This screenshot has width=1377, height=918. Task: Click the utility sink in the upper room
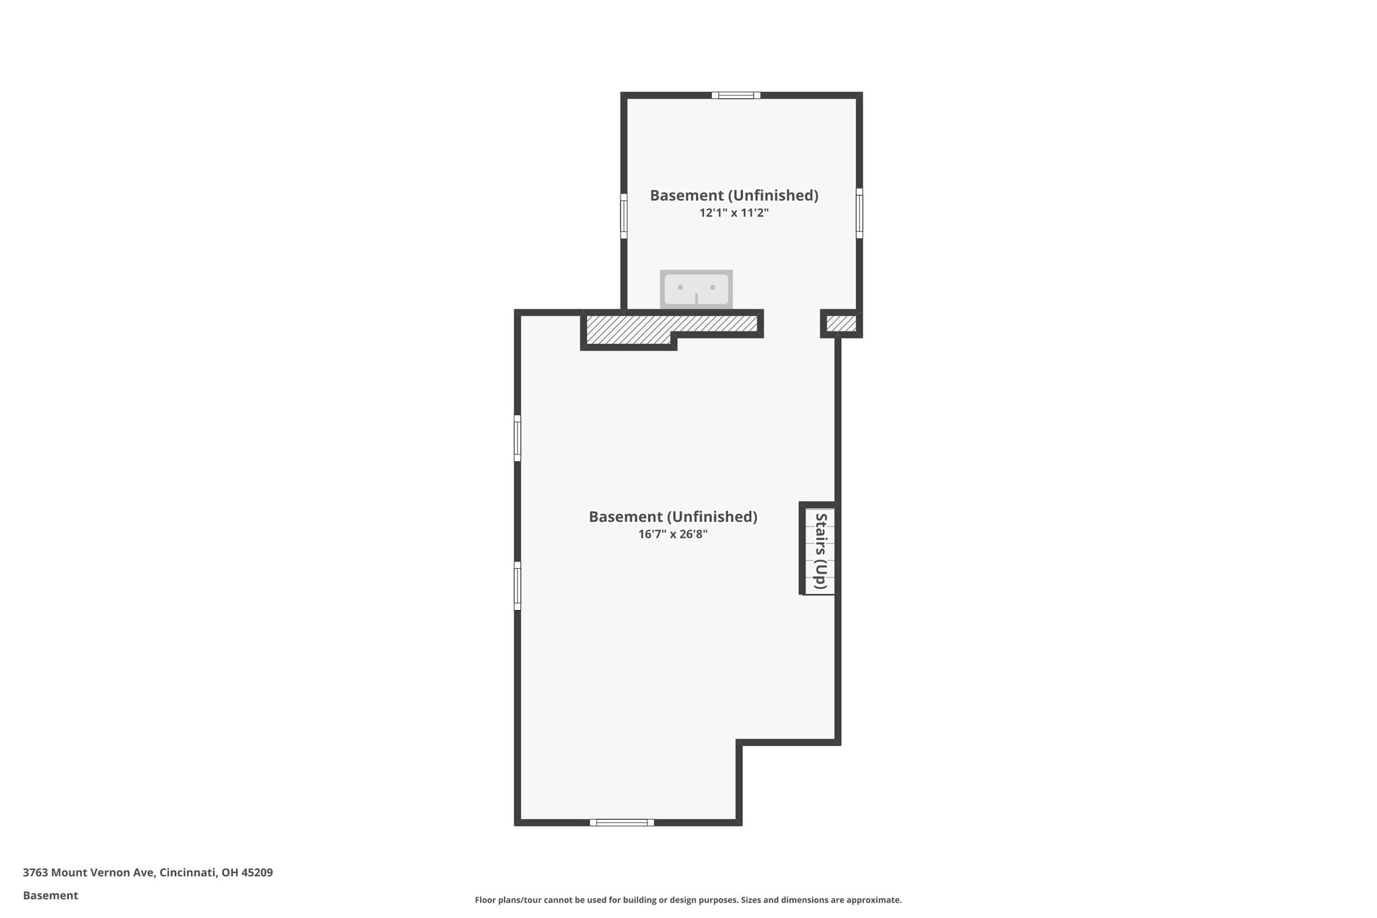pos(696,290)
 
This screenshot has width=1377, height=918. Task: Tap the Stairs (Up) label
pos(820,551)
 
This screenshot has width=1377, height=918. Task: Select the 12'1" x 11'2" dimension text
pos(734,213)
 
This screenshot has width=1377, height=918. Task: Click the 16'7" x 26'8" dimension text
pos(673,535)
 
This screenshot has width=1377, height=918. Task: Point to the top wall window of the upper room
pos(736,95)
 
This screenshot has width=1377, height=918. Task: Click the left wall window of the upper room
pos(624,216)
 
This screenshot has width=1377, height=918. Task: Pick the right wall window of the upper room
pos(859,213)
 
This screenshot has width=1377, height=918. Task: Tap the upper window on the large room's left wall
pos(518,438)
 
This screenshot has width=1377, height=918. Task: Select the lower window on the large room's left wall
pos(518,586)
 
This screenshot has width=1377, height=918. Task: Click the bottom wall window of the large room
pos(622,823)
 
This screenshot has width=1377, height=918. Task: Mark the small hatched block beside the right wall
pos(841,323)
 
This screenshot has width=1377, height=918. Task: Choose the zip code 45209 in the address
pos(257,873)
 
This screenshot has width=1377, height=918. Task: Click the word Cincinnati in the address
pos(188,873)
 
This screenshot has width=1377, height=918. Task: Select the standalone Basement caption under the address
pos(50,896)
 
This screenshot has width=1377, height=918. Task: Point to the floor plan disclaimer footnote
pos(688,900)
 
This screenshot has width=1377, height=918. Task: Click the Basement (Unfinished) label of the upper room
pos(734,196)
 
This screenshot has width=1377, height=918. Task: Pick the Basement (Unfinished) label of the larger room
pos(673,517)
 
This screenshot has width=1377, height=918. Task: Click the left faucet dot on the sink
pos(680,287)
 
